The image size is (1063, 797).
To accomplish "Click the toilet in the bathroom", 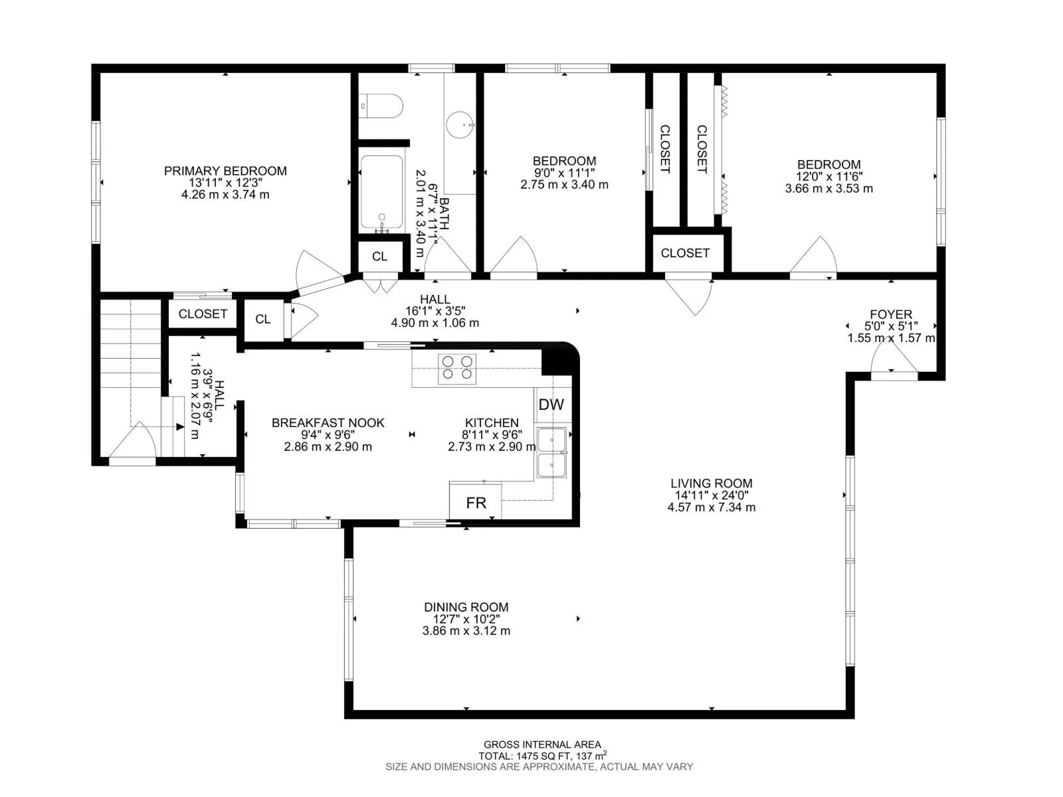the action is [381, 106].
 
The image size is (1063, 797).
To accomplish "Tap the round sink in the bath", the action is [460, 125].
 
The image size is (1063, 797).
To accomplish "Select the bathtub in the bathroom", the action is [381, 192].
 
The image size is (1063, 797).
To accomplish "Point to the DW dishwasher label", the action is [551, 404].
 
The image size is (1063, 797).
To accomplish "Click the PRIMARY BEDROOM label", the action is [225, 171].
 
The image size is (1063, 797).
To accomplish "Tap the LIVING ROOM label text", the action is [711, 483].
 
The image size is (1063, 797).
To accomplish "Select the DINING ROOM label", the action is [466, 607].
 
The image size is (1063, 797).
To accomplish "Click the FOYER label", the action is [891, 314].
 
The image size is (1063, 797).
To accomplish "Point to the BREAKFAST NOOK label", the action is [328, 423].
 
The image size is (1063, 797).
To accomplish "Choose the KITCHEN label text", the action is [492, 423].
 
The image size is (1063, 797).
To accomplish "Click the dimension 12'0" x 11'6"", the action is [828, 177].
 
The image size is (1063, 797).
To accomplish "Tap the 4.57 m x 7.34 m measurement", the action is [711, 507].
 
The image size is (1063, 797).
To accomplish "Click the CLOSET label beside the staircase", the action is [203, 314].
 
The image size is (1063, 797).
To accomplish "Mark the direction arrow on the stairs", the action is [180, 426].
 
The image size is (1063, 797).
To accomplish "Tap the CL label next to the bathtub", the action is [379, 256].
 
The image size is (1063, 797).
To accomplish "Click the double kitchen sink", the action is [551, 452].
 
